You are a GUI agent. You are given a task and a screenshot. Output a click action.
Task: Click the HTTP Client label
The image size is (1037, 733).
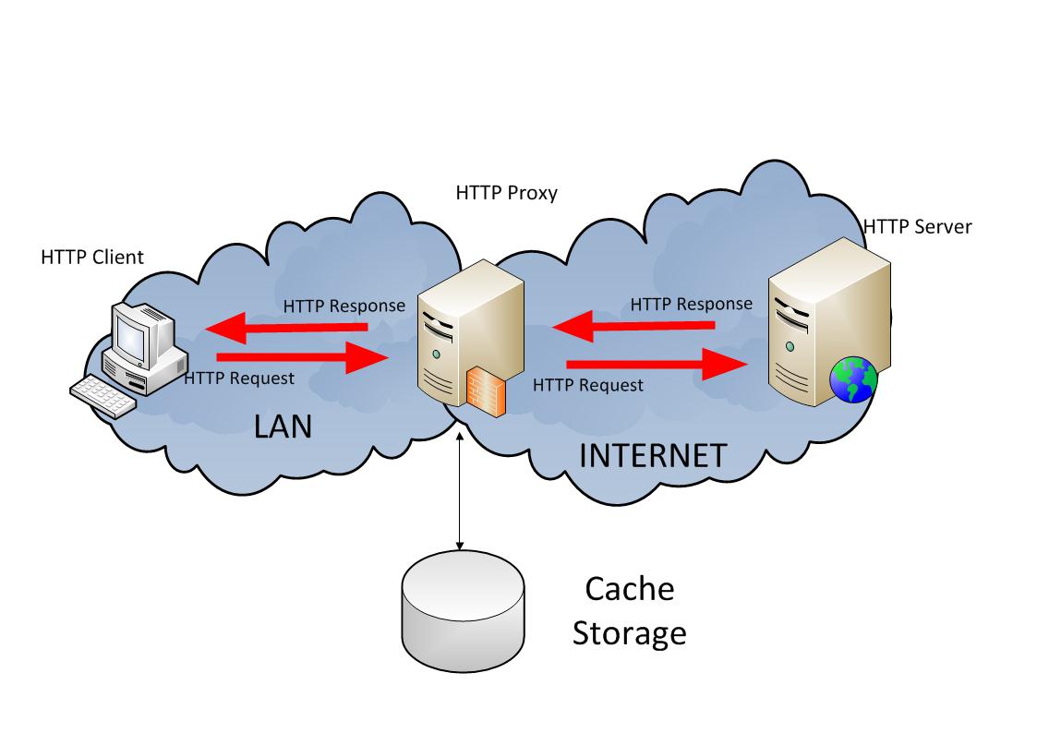point(92,258)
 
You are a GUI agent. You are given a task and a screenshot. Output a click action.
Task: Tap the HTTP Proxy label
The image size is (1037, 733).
point(507,193)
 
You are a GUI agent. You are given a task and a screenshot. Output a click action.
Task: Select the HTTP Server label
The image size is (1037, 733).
point(918,227)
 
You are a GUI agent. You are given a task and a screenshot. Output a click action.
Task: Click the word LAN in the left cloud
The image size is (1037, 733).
point(283,427)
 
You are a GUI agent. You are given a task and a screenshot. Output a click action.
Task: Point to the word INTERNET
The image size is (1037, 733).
point(653,456)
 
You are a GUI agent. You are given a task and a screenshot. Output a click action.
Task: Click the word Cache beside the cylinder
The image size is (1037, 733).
point(630,589)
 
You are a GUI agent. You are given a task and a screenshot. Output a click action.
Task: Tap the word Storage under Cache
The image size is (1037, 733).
point(630,633)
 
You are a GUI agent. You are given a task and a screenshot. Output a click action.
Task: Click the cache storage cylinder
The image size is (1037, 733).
point(463,611)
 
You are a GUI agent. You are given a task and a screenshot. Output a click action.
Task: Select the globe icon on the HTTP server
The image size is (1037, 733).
point(854,379)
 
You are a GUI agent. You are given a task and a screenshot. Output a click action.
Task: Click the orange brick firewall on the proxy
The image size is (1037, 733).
point(486,392)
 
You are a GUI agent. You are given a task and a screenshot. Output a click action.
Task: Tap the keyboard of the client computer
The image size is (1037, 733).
point(103,396)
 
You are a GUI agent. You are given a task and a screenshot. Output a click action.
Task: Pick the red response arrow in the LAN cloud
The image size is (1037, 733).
point(286,327)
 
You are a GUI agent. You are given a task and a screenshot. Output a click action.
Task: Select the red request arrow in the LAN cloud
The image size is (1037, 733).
point(302,357)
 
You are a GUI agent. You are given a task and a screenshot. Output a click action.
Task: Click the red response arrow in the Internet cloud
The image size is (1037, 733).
point(633,325)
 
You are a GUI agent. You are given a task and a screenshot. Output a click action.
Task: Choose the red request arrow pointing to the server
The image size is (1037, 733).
point(657,364)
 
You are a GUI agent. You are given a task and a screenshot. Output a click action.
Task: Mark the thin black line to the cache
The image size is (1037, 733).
point(460,489)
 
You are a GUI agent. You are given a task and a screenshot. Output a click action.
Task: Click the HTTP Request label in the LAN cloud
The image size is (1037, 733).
point(239,379)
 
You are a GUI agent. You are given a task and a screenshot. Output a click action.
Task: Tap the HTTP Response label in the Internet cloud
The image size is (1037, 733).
point(691,304)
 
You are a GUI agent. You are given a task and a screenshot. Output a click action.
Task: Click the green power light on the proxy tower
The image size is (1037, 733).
point(436,354)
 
